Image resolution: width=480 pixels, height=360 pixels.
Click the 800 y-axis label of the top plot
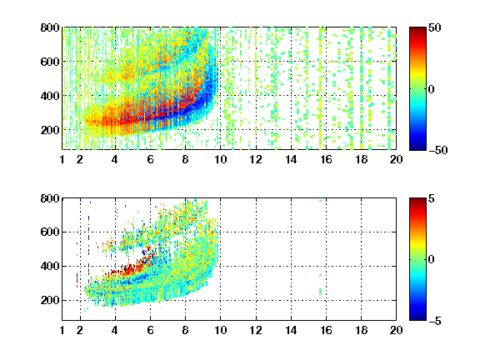tap(50, 27)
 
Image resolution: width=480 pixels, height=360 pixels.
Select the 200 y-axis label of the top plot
tap(50, 130)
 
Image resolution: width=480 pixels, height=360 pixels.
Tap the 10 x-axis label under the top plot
tap(220, 159)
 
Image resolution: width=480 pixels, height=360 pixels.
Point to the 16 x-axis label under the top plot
tap(326, 159)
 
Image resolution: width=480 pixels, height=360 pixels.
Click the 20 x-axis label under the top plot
tap(396, 159)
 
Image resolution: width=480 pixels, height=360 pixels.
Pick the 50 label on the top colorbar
tap(434, 27)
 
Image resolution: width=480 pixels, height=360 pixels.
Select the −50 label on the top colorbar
tap(438, 150)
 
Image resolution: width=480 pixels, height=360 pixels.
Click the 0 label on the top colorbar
tap(431, 89)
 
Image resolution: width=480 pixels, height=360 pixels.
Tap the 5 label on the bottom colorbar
tap(431, 198)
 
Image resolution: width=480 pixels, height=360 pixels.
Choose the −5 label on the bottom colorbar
tap(435, 321)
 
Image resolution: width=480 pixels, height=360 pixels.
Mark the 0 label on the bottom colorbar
tap(431, 260)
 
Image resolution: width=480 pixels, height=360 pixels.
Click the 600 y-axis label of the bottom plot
tap(50, 232)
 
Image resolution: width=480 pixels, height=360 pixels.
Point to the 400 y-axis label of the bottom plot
tap(50, 266)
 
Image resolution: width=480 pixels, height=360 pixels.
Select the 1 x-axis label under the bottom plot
tap(62, 330)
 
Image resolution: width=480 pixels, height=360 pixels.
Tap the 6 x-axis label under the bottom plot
tap(150, 330)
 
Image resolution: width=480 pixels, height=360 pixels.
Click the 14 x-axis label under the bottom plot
tap(291, 330)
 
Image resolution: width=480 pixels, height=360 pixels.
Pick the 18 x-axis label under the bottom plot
tap(361, 330)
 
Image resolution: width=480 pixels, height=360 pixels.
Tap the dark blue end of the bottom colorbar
tap(417, 318)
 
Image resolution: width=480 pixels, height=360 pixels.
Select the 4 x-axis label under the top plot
tap(115, 159)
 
